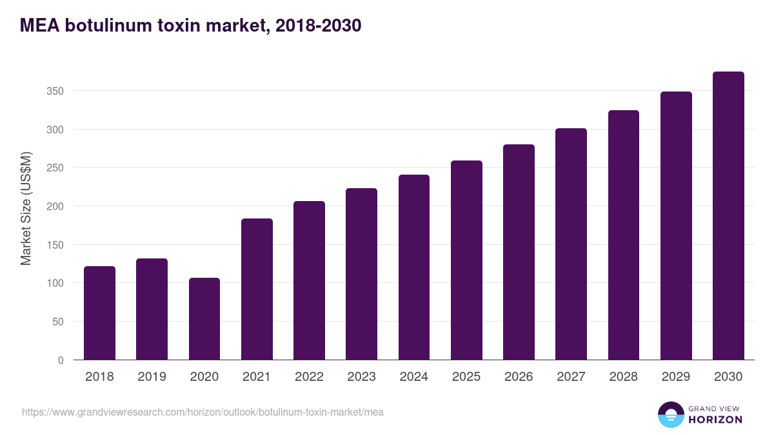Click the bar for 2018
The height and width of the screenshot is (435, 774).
[x=99, y=313]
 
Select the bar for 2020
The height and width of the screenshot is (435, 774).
[x=204, y=319]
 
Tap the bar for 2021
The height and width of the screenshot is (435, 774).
[x=257, y=289]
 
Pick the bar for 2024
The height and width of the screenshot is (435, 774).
[x=414, y=267]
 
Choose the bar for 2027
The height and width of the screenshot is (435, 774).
[x=571, y=244]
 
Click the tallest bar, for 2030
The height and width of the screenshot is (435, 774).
[x=728, y=216]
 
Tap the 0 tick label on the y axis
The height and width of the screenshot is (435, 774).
[x=61, y=360]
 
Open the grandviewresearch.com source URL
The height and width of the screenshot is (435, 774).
[x=203, y=412]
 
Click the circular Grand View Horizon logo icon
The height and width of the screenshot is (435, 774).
[x=671, y=414]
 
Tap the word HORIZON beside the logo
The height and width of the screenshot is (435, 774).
[x=715, y=420]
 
